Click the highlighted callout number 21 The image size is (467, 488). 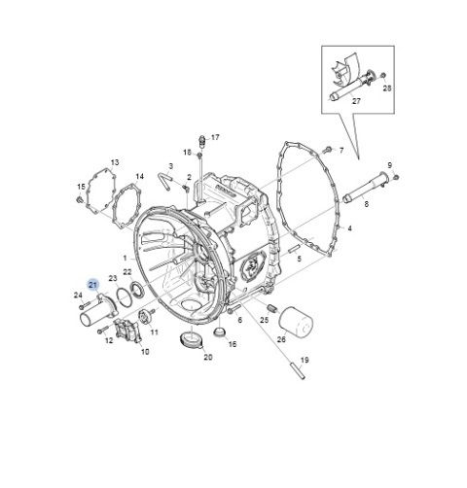click(93, 285)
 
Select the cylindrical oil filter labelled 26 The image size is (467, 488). click(296, 323)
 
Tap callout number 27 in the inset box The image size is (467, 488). click(356, 101)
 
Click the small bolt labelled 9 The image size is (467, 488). click(396, 177)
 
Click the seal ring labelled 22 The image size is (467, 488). click(137, 290)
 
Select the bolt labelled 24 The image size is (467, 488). click(84, 305)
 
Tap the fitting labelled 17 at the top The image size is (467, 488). click(201, 141)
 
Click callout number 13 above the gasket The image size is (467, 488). click(115, 162)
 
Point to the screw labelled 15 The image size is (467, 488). click(79, 200)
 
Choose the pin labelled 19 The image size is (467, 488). click(298, 371)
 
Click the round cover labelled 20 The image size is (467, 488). click(191, 340)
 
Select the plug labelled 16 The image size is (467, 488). click(220, 331)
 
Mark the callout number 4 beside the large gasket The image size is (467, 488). click(349, 228)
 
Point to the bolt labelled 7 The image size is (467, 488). click(327, 150)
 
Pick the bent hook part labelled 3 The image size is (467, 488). click(165, 181)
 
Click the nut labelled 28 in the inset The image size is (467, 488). click(382, 76)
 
